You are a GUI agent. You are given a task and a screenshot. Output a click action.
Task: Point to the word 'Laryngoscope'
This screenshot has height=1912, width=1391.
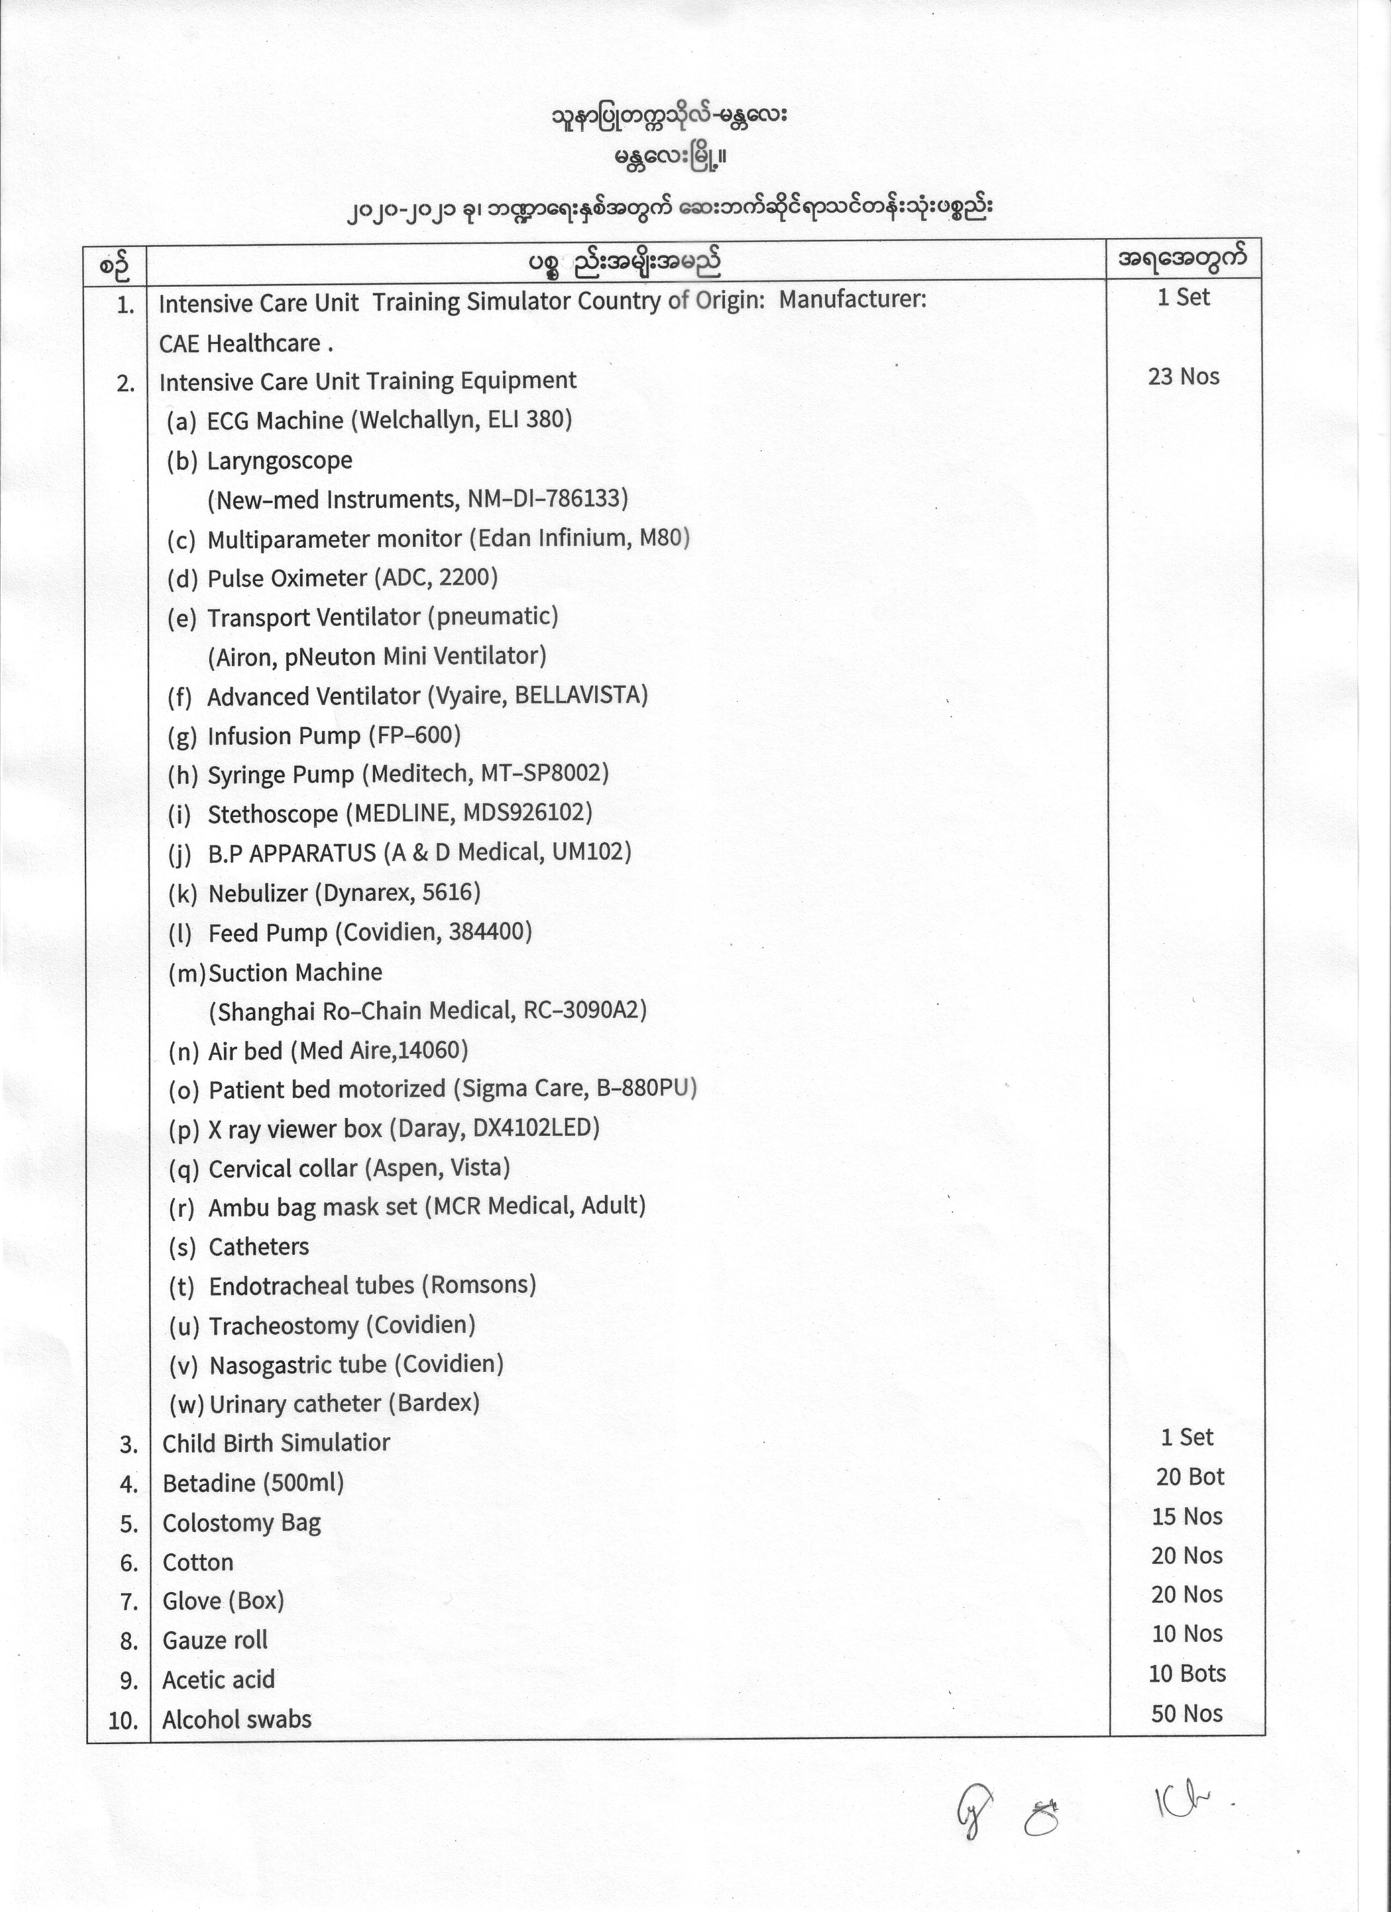tap(280, 461)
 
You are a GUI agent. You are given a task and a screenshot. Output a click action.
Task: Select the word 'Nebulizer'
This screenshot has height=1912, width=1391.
tap(258, 893)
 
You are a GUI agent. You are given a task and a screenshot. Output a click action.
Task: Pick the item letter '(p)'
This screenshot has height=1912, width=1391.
tap(184, 1129)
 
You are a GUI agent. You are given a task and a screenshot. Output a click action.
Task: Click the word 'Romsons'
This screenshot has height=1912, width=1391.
tap(479, 1285)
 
